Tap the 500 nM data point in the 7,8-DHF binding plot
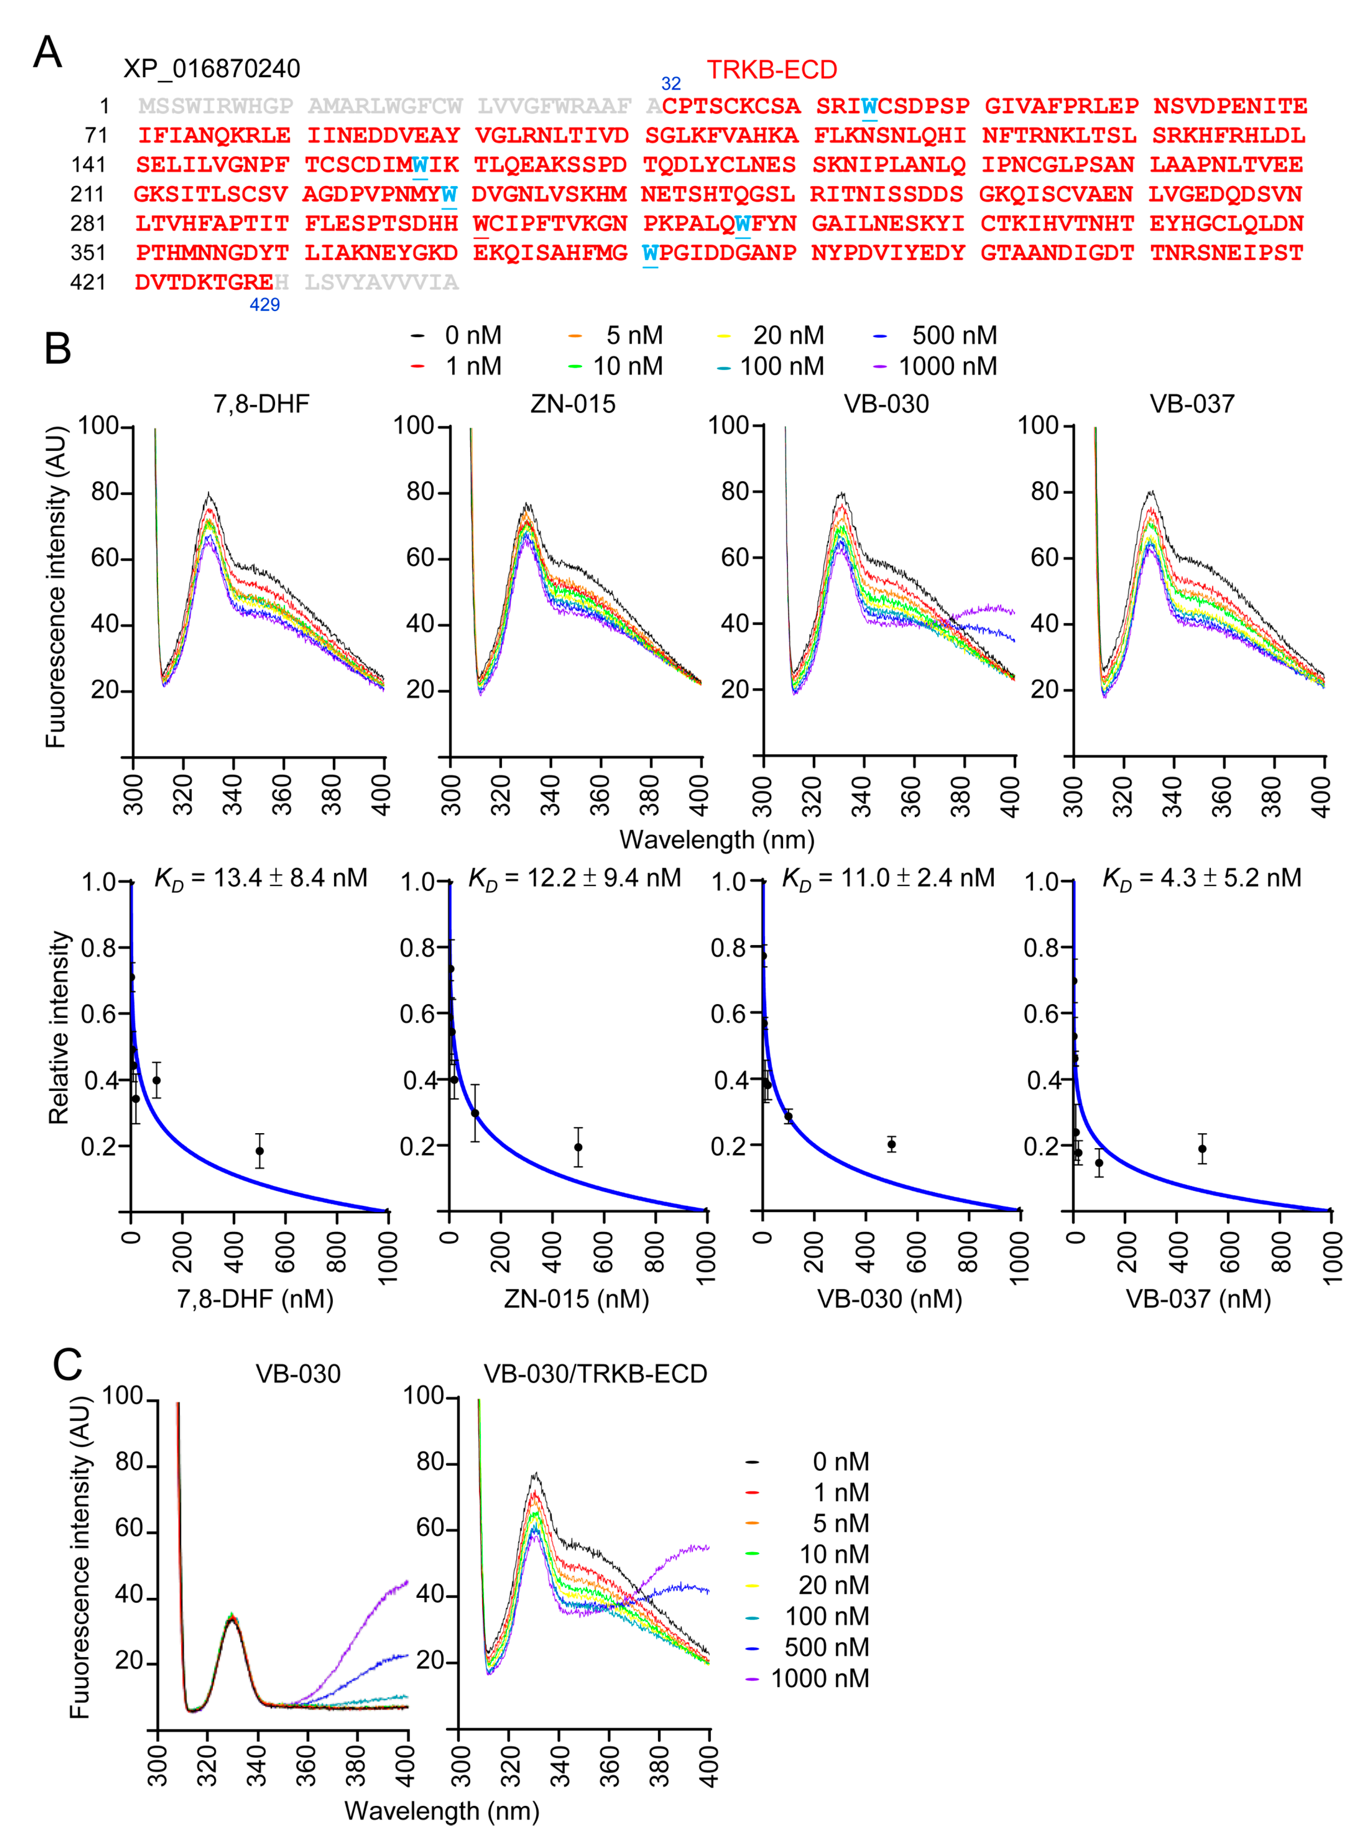coord(259,1151)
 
